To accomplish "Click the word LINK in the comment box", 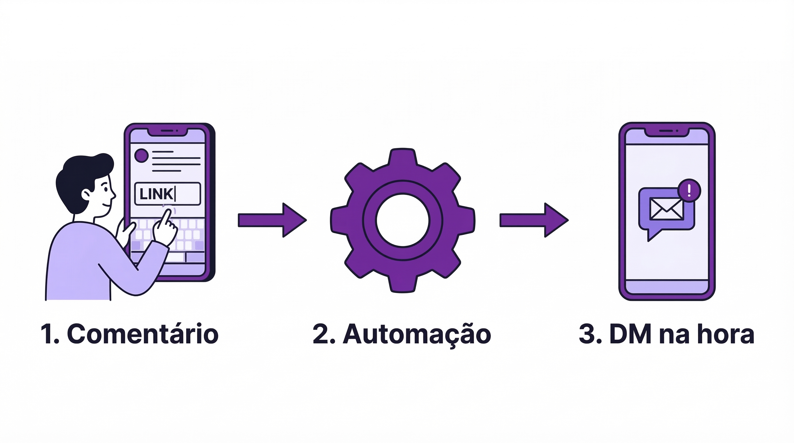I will [x=156, y=194].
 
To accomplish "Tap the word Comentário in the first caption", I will [x=143, y=334].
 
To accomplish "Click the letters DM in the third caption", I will [x=632, y=334].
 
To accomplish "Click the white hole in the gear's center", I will [x=402, y=220].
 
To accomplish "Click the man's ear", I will [x=86, y=194].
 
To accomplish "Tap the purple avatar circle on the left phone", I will [x=142, y=155].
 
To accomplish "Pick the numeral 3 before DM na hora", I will [x=587, y=334].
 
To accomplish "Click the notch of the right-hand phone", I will [x=667, y=132].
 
